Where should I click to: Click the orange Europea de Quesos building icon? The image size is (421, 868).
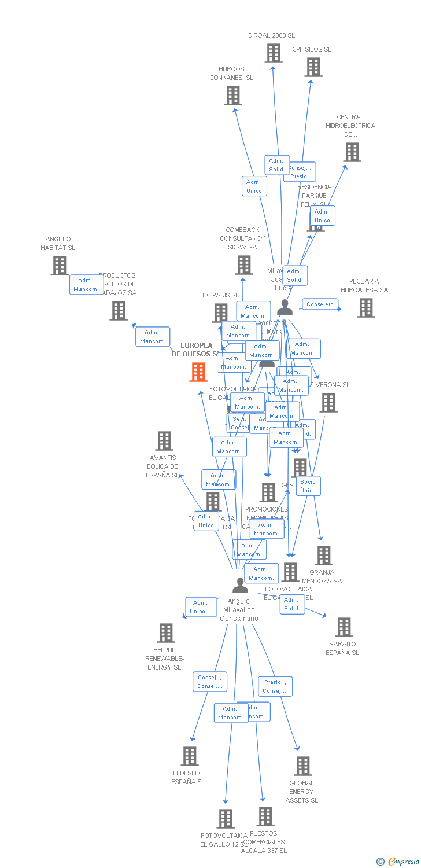coord(198,372)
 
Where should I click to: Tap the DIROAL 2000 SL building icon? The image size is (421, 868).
coord(273,53)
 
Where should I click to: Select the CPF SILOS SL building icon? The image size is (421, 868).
coord(313,67)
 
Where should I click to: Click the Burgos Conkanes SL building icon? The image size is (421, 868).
coord(232,95)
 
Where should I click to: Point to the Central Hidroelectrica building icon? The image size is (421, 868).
coord(352,152)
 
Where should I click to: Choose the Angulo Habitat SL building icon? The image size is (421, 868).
coord(59,266)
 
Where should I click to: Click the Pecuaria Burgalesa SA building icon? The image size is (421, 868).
coord(365,308)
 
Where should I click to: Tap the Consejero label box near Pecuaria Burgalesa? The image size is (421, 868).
coord(320,304)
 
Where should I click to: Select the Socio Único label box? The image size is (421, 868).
coord(308,486)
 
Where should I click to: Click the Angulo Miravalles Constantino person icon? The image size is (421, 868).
coord(240,586)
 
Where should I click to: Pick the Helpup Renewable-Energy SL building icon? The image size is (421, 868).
coord(166,633)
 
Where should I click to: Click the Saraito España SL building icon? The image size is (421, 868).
coord(344,627)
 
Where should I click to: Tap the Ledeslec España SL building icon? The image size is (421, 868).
coord(189,756)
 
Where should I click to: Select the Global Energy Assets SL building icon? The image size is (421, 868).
coord(302,766)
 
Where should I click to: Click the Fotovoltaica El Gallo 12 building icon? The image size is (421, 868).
coord(226,819)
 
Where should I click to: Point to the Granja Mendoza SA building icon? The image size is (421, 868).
coord(323,556)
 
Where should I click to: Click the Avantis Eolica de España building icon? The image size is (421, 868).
coord(164,441)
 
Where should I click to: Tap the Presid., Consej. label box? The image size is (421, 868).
coord(275,686)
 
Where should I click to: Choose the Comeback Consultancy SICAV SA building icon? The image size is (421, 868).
coord(244,265)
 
